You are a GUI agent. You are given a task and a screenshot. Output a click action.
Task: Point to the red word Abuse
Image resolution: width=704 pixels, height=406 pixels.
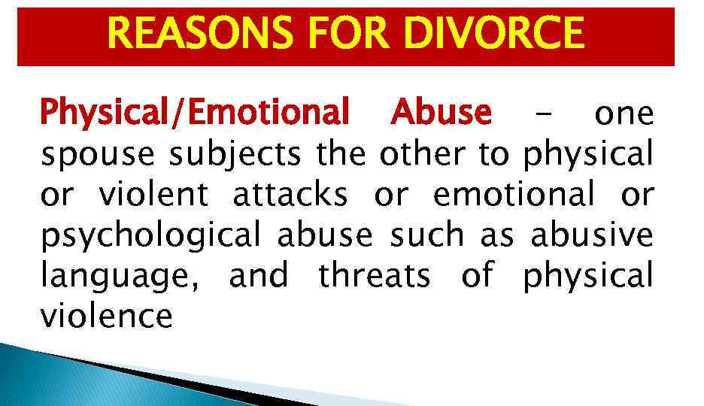click(442, 114)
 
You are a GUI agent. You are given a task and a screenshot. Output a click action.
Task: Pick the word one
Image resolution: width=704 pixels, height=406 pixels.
click(624, 115)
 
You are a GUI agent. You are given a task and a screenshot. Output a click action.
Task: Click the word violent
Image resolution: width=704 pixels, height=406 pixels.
click(153, 195)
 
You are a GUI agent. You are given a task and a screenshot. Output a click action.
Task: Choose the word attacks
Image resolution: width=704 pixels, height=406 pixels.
click(290, 195)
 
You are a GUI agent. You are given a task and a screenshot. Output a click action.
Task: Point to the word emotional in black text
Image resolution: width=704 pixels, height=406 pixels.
click(514, 195)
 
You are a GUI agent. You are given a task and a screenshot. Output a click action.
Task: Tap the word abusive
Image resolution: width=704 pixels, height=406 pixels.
click(592, 235)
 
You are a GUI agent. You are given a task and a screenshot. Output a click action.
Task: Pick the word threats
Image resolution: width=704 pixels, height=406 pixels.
click(375, 276)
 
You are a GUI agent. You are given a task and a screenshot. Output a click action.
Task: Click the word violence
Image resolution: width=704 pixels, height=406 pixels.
click(107, 317)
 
